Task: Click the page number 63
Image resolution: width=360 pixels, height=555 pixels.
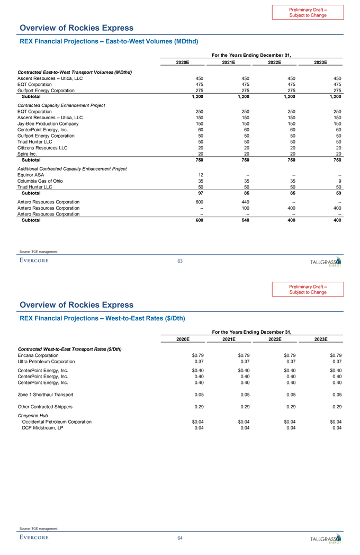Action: tap(180, 261)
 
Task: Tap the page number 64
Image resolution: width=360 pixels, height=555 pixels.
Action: tap(180, 538)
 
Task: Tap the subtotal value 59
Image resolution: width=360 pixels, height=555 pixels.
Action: tap(338, 193)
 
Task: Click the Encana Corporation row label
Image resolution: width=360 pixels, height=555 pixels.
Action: tap(39, 355)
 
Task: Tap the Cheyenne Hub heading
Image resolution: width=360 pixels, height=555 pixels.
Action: tap(33, 416)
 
